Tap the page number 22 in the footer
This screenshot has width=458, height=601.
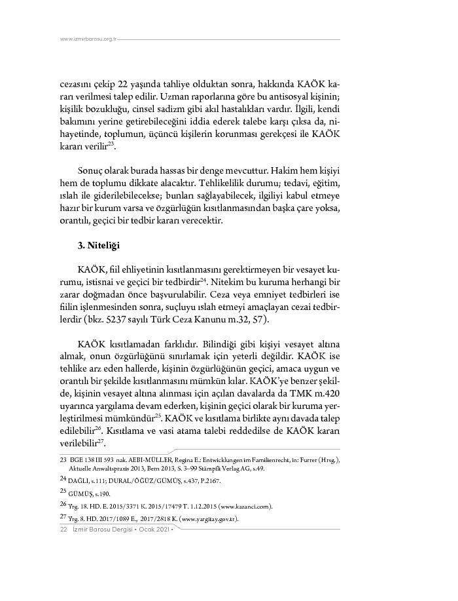[x=63, y=530]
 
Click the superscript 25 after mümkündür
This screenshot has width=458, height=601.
[x=158, y=415]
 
